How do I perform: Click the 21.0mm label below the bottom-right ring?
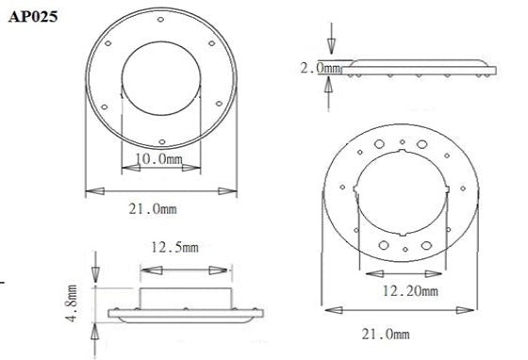(x=389, y=334)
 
